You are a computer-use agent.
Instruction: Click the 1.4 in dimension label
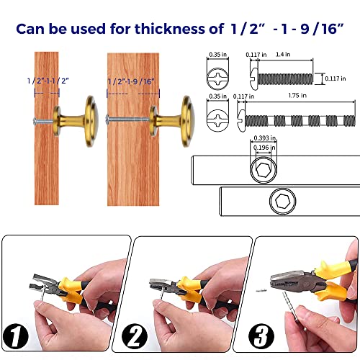(x=283, y=55)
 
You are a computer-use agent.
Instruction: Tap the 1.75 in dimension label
(x=297, y=95)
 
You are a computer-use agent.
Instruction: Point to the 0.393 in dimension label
(x=265, y=138)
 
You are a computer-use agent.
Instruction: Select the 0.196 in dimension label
(x=264, y=148)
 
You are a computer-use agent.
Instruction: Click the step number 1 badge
(x=16, y=336)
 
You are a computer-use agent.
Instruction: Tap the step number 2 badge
(x=135, y=336)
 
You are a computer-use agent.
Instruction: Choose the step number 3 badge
(x=261, y=336)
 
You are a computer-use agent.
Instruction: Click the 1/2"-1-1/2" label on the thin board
(x=48, y=81)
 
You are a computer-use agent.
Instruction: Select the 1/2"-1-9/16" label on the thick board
(x=131, y=81)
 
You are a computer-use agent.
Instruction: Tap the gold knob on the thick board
(x=172, y=121)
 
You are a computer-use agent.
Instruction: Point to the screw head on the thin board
(x=35, y=121)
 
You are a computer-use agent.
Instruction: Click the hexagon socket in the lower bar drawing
(x=282, y=201)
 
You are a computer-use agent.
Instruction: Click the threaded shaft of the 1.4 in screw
(x=285, y=79)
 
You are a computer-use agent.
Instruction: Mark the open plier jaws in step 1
(x=45, y=284)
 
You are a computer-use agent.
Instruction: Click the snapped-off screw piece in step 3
(x=261, y=291)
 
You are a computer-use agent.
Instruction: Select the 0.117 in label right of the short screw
(x=336, y=78)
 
